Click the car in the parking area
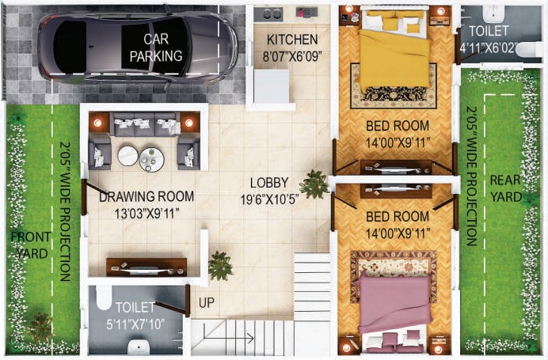(137, 47)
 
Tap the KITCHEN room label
(292, 40)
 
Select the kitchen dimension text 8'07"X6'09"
(292, 56)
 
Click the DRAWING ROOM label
(147, 196)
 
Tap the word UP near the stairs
(207, 303)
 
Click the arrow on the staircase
(228, 337)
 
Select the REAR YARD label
(506, 188)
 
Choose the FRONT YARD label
(30, 245)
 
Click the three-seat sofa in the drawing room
(145, 124)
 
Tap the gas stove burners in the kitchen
(268, 14)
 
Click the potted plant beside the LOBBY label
(314, 184)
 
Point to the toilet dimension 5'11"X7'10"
(135, 324)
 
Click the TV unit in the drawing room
(147, 267)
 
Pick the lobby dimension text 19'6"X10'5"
(269, 199)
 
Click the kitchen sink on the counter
(306, 13)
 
